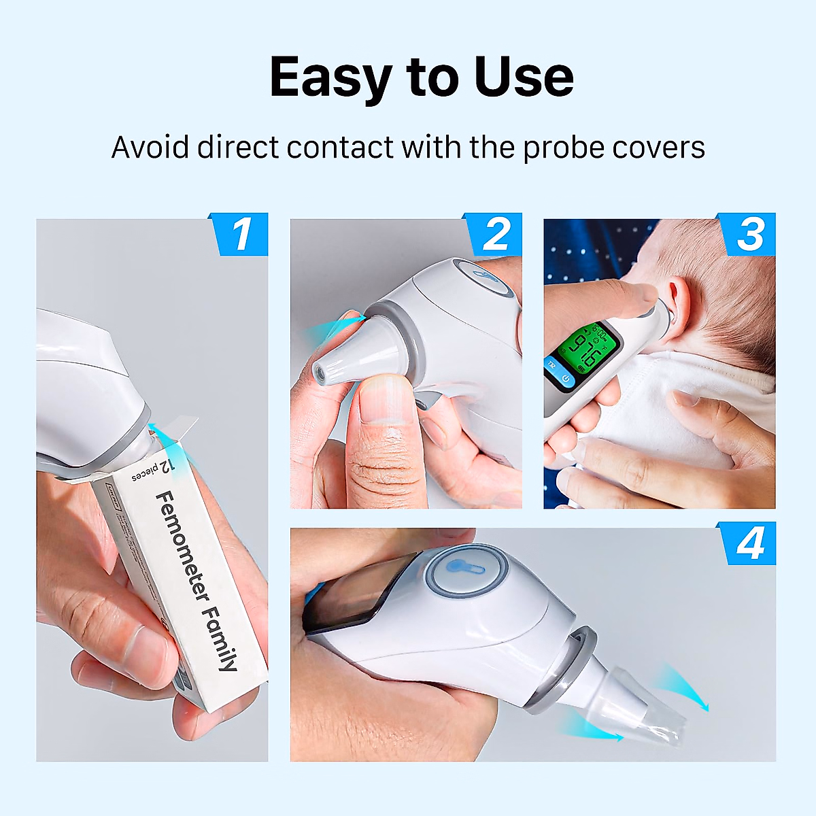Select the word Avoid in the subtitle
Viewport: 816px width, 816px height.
150,147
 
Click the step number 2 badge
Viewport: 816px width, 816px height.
496,235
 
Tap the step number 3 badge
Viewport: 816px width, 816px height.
750,235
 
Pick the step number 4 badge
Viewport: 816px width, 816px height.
749,544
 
